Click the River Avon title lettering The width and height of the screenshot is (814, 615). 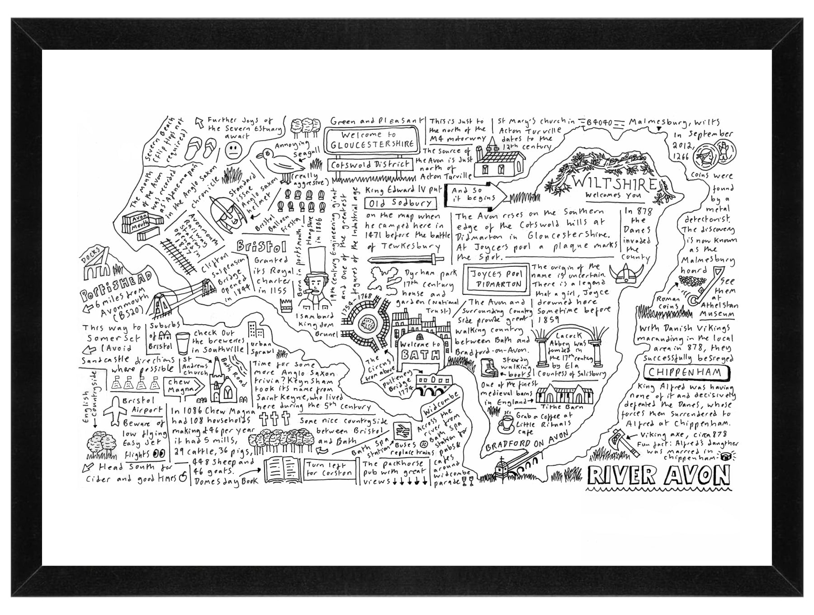point(658,476)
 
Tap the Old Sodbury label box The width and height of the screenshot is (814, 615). point(401,203)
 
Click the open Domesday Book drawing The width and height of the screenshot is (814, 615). point(281,470)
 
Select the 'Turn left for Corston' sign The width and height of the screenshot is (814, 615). point(329,469)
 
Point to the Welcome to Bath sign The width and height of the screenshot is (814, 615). point(420,350)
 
